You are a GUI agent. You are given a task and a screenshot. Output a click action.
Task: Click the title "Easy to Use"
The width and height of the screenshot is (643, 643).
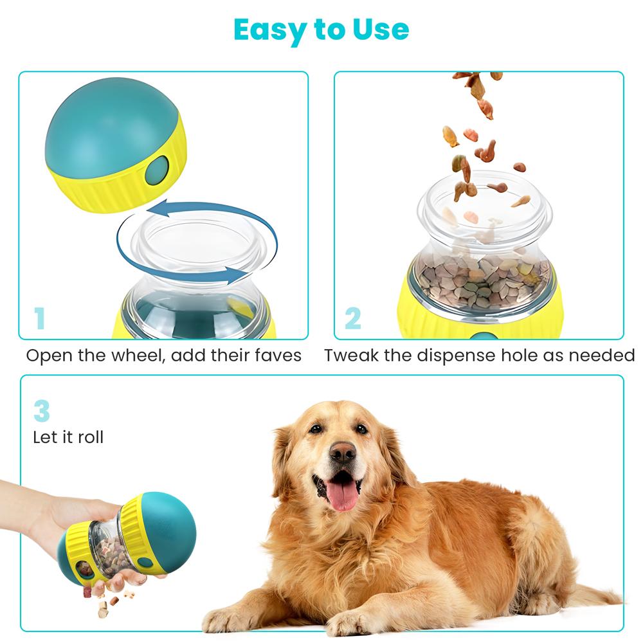[321, 30]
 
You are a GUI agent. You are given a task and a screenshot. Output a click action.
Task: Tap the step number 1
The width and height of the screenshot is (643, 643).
[40, 319]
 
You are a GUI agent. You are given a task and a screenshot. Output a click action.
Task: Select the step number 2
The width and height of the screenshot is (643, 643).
[353, 319]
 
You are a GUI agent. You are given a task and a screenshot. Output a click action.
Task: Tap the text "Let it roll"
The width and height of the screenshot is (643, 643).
[68, 438]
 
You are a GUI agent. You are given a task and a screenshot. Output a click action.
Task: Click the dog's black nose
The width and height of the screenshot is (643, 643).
[342, 453]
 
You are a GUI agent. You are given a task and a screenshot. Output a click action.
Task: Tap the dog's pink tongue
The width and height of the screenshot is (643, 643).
[343, 496]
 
